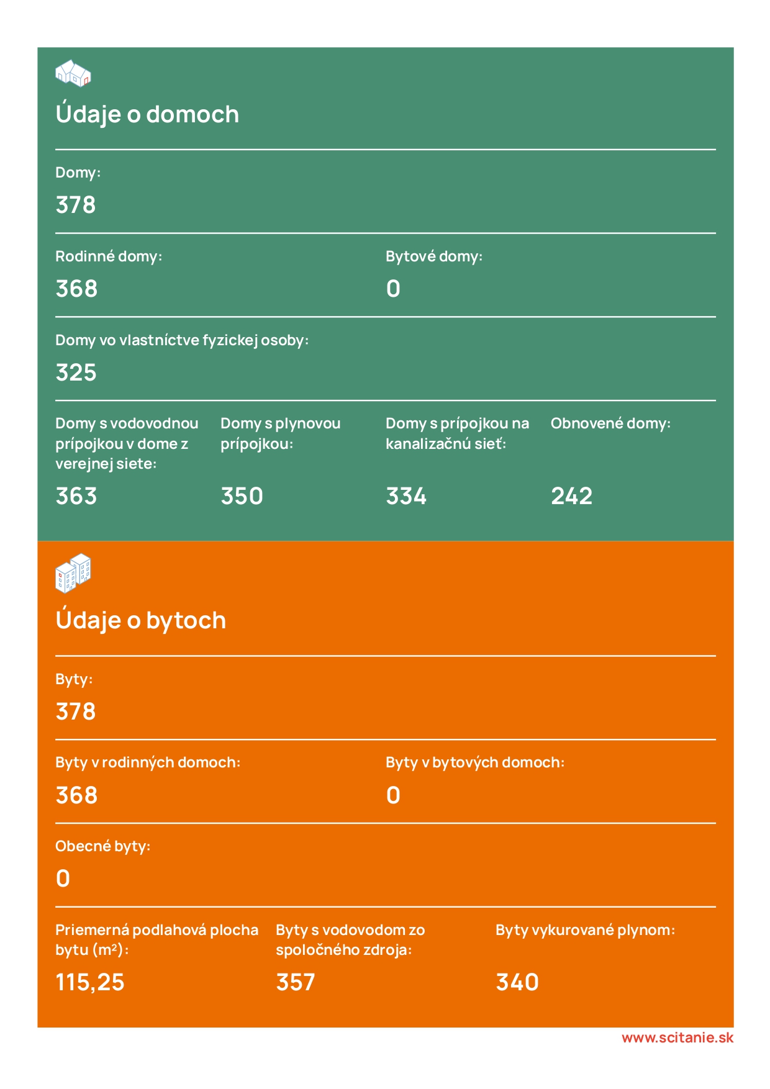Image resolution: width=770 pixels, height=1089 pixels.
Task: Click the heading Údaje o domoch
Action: pos(147,115)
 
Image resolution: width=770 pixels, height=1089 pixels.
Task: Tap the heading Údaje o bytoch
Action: pos(141,621)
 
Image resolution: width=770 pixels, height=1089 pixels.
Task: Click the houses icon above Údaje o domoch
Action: pos(73,73)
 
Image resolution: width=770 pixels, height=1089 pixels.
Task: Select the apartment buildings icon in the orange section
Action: pos(73,572)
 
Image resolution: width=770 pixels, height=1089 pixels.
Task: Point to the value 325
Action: pos(76,373)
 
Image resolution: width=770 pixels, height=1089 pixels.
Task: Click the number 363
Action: pos(76,496)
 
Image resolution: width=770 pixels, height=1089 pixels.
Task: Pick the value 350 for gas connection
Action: pos(242,496)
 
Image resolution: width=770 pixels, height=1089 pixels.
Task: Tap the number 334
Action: pos(406,496)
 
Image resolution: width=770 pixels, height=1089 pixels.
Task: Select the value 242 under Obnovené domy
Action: pos(571,496)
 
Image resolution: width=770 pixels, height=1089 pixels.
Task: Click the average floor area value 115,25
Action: pos(90,982)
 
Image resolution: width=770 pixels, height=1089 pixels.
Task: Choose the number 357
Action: pos(296,982)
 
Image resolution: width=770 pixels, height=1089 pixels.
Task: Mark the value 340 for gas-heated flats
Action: pos(517,982)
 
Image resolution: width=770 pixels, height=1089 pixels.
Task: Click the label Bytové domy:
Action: pos(434,256)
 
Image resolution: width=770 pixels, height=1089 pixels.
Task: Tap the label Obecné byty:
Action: pos(103,846)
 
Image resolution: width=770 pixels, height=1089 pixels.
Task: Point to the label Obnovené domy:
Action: pos(610,423)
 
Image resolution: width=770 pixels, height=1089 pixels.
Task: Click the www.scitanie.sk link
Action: pos(677,1037)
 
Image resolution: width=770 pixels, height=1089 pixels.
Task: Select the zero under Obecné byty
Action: pos(63,879)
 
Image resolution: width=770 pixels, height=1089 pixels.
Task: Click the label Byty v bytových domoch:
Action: pos(475,762)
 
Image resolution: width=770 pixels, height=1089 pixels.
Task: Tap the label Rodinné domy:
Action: pos(109,256)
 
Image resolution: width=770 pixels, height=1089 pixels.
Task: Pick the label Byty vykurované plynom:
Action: pos(585,930)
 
